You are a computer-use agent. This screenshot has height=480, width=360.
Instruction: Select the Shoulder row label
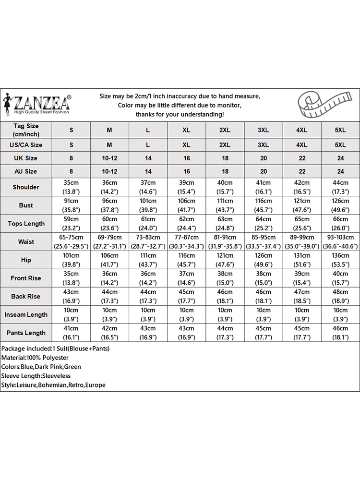[x=26, y=187]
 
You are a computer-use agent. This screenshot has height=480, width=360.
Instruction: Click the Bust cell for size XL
[x=187, y=205]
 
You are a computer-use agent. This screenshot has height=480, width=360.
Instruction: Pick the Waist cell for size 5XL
[x=340, y=242]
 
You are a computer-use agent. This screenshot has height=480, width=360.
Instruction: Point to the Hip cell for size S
[x=71, y=260]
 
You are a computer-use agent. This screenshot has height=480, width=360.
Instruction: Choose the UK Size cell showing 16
[x=187, y=158]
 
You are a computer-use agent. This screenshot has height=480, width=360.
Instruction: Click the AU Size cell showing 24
[x=340, y=171]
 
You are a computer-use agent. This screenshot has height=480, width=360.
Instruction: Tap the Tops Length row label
[x=26, y=224]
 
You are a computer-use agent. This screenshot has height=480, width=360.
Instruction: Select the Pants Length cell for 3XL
[x=264, y=333]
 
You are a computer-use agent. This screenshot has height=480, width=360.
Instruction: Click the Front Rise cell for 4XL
[x=302, y=278]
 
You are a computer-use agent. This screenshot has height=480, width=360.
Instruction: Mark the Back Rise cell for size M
[x=109, y=297]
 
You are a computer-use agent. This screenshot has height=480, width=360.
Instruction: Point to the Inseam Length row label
[x=26, y=315]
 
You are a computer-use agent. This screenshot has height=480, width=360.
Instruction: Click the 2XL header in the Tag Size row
[x=225, y=130]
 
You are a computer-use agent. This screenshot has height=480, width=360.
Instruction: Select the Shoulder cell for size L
[x=148, y=187]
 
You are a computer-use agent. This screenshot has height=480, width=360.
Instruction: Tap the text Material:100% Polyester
[x=35, y=358]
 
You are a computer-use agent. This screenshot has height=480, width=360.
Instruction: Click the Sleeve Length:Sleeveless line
[x=36, y=376]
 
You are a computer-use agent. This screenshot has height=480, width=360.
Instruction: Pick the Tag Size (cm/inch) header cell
[x=26, y=130]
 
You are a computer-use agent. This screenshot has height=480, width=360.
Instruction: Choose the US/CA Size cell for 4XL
[x=302, y=144]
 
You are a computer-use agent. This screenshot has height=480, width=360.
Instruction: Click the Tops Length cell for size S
[x=71, y=224]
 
